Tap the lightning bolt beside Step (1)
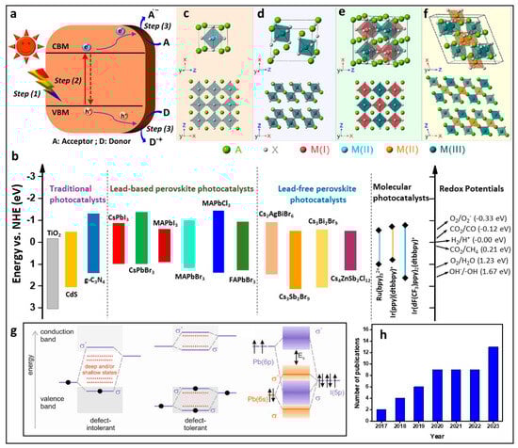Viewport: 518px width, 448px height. (22, 91)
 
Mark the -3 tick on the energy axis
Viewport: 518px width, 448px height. (29, 176)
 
